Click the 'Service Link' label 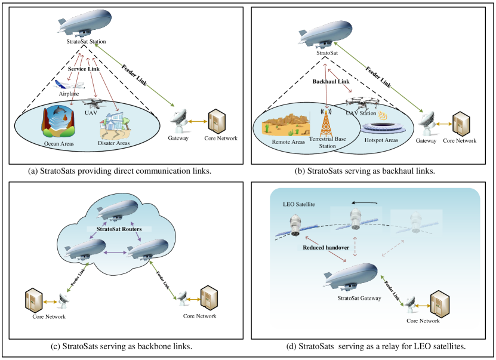[84, 69]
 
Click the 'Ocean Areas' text [59, 143]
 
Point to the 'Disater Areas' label [113, 143]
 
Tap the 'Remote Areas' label [288, 141]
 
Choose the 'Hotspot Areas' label [381, 140]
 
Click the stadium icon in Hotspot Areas [381, 128]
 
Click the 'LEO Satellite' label [298, 205]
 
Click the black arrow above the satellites [365, 202]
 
